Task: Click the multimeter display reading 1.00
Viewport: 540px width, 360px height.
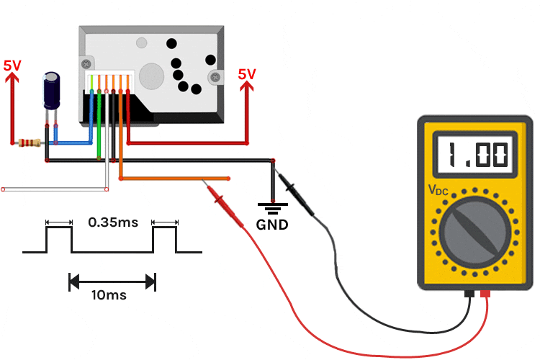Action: [x=476, y=154]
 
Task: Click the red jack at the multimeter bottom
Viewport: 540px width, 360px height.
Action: [x=485, y=294]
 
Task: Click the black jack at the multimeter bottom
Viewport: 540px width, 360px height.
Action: [x=469, y=294]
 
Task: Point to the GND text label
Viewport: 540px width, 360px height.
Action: [x=272, y=225]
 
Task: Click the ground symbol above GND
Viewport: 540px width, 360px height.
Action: [x=272, y=209]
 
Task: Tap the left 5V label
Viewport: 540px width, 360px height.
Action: [x=12, y=65]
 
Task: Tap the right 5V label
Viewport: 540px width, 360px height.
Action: [x=247, y=73]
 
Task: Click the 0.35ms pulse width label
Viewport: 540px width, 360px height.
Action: [x=112, y=222]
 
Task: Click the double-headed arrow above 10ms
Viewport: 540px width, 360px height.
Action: [x=112, y=280]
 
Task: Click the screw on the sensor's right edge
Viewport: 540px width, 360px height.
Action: [x=213, y=76]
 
